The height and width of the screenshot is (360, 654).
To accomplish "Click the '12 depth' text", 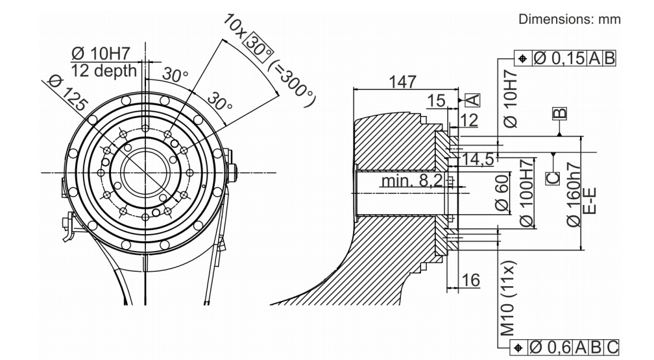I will pos(104,70).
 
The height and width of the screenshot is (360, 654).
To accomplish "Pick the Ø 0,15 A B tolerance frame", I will pos(565,58).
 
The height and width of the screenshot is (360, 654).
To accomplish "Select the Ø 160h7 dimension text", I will pos(574,194).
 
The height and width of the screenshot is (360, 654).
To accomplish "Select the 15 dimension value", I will pos(437,101).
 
